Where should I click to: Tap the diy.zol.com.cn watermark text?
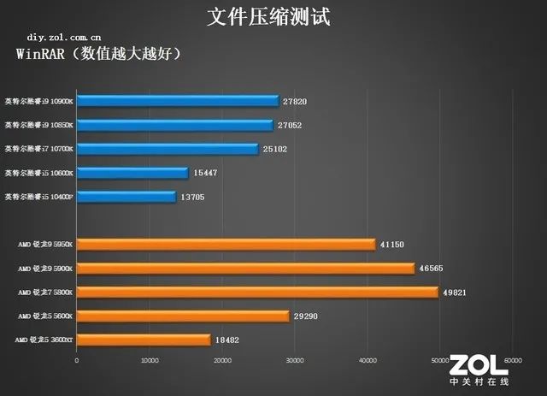pyautogui.click(x=64, y=38)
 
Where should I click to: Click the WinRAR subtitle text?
pyautogui.click(x=99, y=55)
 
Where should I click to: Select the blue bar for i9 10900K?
pyautogui.click(x=178, y=101)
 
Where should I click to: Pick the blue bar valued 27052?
pyautogui.click(x=174, y=125)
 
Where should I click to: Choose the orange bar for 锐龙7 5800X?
pyautogui.click(x=256, y=293)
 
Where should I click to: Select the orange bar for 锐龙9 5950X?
pyautogui.click(x=226, y=245)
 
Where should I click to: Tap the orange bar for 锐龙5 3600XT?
pyautogui.click(x=143, y=340)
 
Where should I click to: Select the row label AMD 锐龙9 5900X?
pyautogui.click(x=44, y=269)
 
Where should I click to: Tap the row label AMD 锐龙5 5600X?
pyautogui.click(x=44, y=316)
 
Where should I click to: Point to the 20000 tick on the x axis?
pyautogui.click(x=222, y=361)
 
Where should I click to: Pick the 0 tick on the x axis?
pyautogui.click(x=77, y=361)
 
